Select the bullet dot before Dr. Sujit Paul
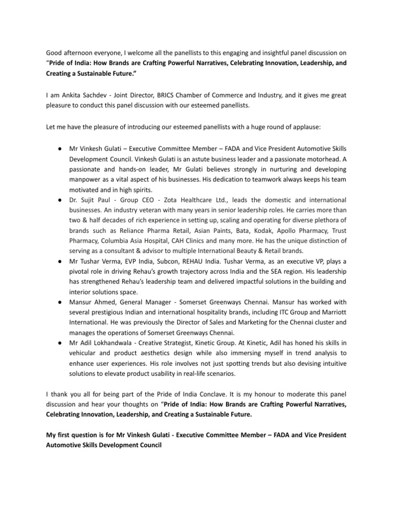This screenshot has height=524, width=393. [60, 199]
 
